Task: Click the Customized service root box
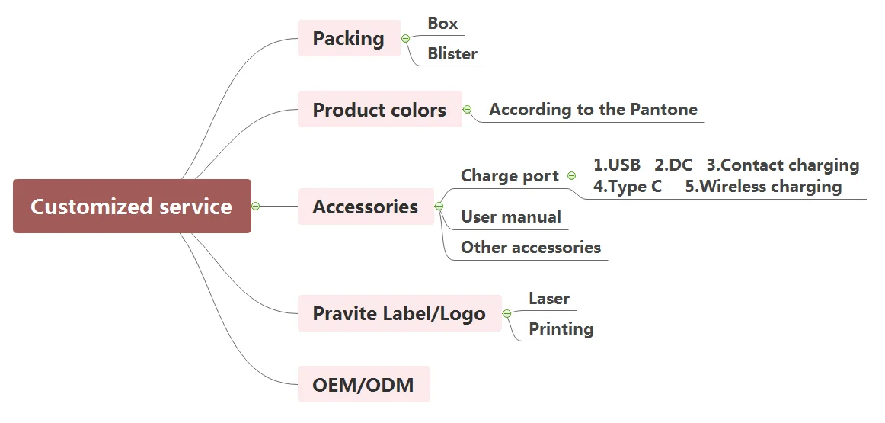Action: coord(132,207)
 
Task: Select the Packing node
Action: coord(348,38)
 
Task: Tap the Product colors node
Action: coord(379,110)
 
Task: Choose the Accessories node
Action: coord(365,207)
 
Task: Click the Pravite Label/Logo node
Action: coord(399,313)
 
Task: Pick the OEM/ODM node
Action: coord(363,385)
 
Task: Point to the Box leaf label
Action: coord(442,24)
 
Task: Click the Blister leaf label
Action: coord(452,54)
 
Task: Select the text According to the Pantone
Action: coord(593,110)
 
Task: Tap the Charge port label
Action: coord(510,176)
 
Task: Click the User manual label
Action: coord(511,217)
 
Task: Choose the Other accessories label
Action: coord(531,248)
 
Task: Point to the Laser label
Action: coord(549,299)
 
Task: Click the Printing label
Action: coord(561,329)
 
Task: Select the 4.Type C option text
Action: coord(628,187)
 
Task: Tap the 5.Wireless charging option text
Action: coord(763,187)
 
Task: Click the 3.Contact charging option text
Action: coord(783,165)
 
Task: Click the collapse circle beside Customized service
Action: coord(256,206)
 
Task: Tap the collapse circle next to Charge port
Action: coord(572,176)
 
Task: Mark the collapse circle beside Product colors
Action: coord(468,110)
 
